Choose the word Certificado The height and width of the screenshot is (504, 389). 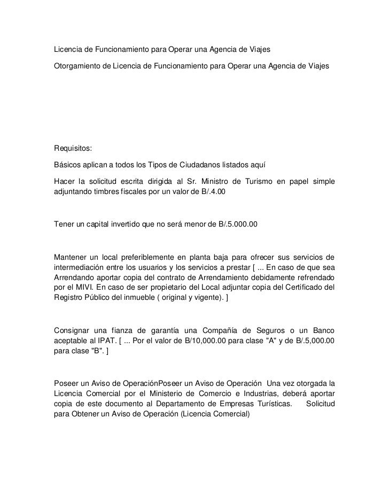tap(305, 286)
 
